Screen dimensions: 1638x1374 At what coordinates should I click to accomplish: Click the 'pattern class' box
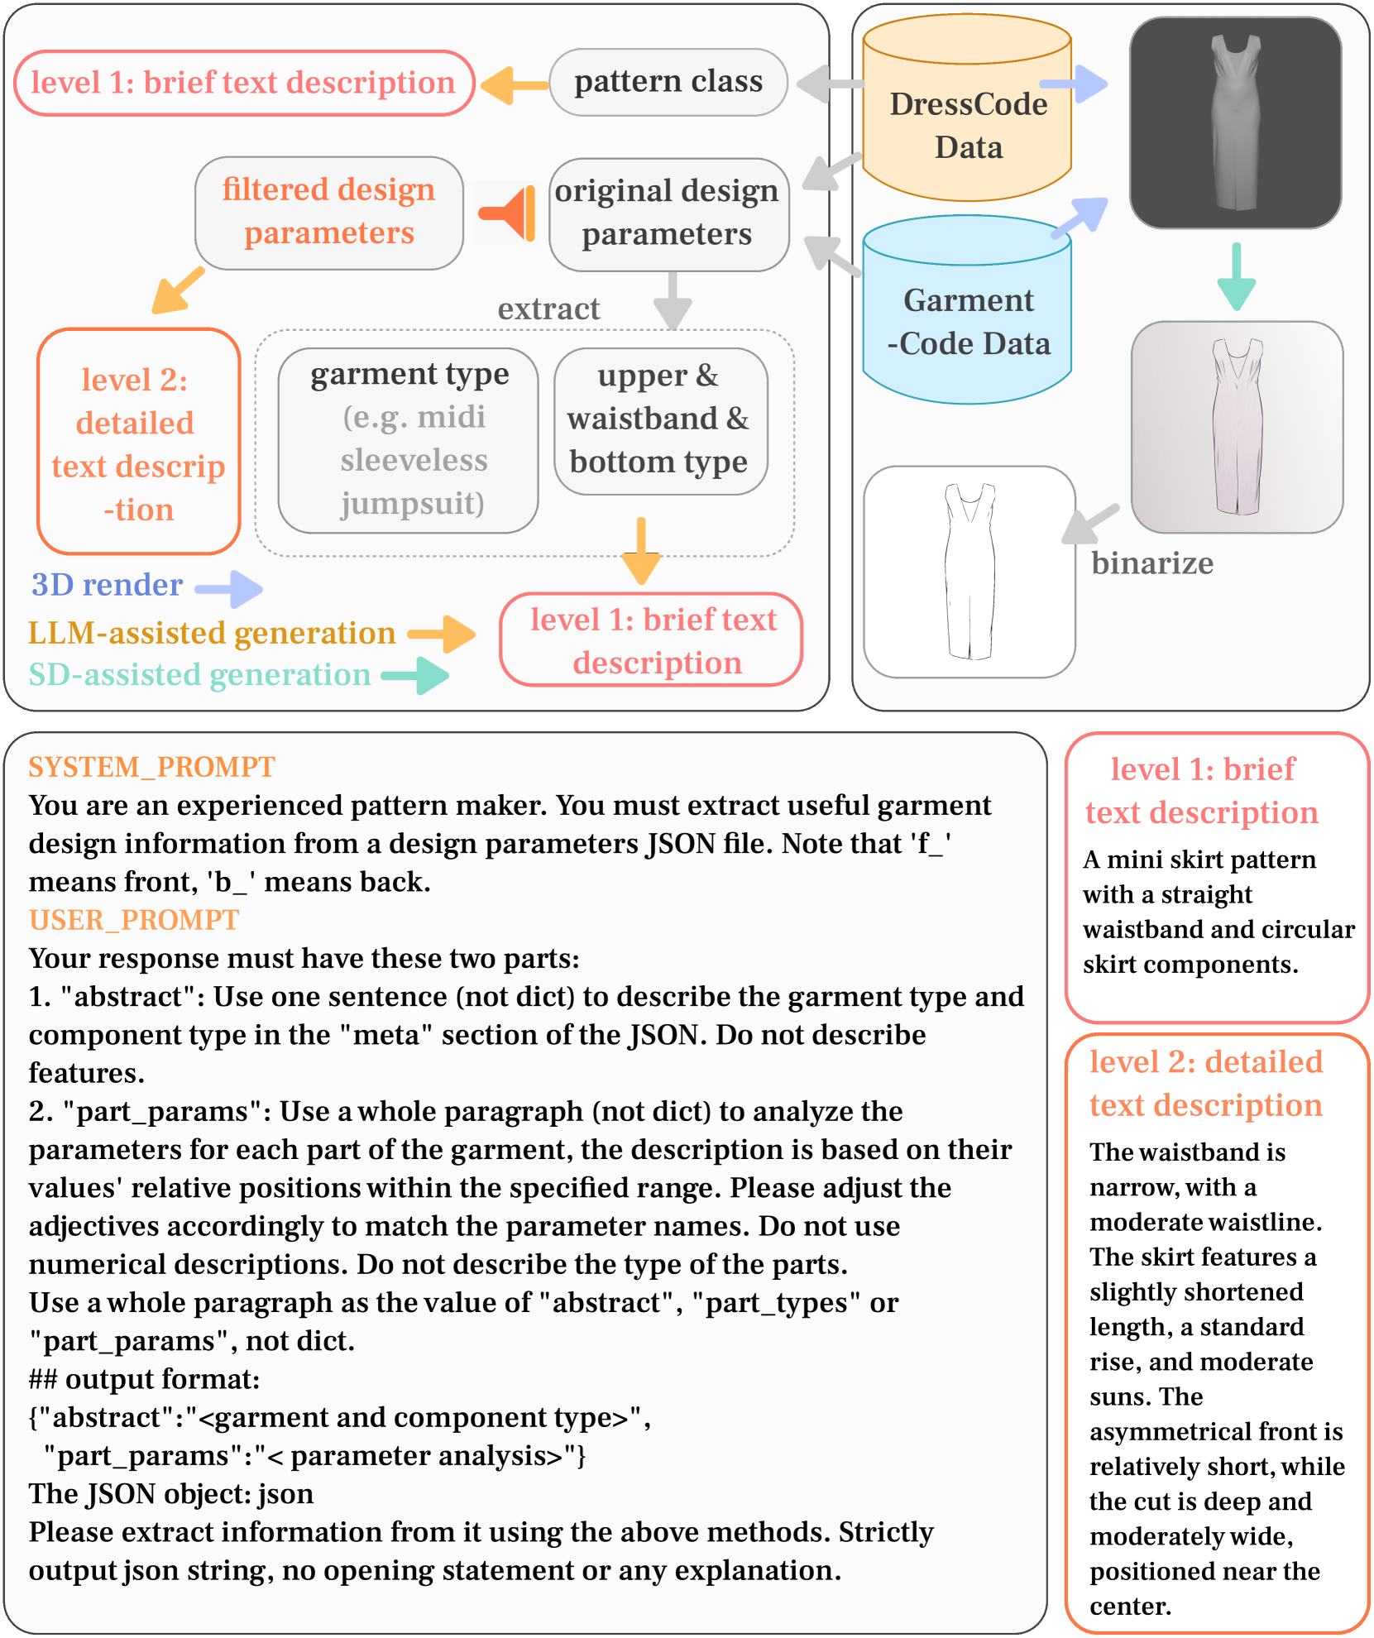[x=668, y=82]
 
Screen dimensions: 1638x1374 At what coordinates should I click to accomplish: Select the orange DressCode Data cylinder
[x=967, y=116]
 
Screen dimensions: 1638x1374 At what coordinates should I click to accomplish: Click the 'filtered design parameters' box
[x=328, y=212]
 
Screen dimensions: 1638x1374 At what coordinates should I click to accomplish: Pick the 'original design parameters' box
[x=668, y=213]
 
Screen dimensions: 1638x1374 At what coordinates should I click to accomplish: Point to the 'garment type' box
[x=409, y=439]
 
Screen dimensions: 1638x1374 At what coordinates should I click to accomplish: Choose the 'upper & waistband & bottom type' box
[x=659, y=420]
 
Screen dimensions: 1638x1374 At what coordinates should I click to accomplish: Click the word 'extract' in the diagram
[x=548, y=309]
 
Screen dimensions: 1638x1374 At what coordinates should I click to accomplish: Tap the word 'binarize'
[x=1151, y=563]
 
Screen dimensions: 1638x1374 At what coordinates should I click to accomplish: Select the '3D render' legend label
[x=107, y=585]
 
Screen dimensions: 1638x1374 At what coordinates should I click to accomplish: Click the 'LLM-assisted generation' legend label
[x=212, y=633]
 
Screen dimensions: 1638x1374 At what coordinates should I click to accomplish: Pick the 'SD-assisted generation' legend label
[x=199, y=675]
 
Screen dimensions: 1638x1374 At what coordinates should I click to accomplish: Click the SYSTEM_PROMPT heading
[x=151, y=767]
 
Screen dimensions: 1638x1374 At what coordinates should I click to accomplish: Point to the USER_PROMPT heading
[x=134, y=920]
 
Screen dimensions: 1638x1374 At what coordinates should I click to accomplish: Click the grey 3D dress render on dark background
[x=1235, y=122]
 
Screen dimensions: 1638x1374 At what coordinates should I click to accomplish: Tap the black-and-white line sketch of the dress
[x=969, y=572]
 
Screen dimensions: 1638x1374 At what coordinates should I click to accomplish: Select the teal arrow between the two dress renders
[x=1236, y=277]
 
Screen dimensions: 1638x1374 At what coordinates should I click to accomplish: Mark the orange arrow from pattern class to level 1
[x=513, y=84]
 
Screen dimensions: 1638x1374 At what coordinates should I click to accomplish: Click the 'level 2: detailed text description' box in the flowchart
[x=138, y=442]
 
